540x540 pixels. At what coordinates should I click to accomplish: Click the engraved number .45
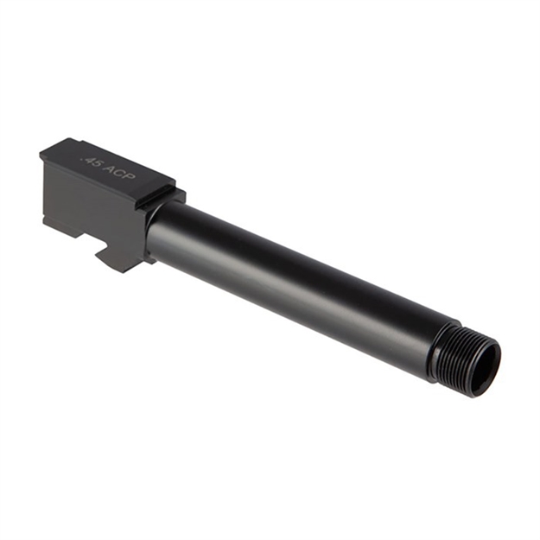pos(89,161)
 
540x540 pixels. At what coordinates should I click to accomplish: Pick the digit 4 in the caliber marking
pos(87,160)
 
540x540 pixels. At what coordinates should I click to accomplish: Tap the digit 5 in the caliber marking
pos(94,163)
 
